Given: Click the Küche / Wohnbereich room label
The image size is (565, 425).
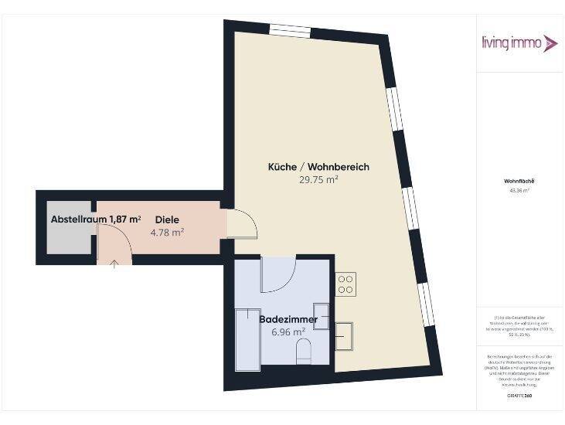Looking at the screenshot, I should (318, 167).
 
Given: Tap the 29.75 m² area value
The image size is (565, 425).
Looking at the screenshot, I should (318, 179).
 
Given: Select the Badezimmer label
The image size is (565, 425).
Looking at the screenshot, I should (288, 318).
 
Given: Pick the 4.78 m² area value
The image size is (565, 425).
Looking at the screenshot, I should (167, 232).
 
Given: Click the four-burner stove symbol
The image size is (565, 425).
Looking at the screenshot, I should (345, 284).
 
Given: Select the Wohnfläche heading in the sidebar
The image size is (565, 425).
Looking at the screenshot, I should (519, 182).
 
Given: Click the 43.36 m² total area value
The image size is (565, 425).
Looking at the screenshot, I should (519, 190).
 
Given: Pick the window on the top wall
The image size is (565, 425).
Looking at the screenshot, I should (291, 30).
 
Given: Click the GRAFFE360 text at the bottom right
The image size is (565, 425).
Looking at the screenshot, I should (519, 396).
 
